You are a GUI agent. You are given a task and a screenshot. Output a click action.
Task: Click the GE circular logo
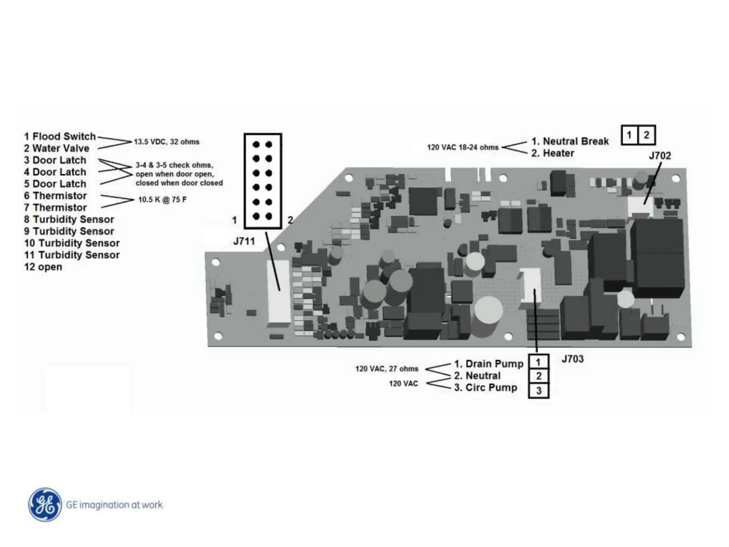[46, 504]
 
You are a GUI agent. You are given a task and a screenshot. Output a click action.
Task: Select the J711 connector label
[244, 242]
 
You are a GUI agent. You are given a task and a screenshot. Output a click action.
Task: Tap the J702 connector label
[660, 155]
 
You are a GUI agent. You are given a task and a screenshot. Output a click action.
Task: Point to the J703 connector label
[573, 359]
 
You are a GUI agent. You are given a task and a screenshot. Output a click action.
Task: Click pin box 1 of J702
[629, 135]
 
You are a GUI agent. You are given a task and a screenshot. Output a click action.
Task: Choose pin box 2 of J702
[646, 135]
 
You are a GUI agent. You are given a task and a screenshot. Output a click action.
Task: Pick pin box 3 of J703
[539, 390]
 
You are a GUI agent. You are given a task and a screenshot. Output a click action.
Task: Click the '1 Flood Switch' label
[60, 136]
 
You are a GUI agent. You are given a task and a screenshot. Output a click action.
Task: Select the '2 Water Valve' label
[57, 148]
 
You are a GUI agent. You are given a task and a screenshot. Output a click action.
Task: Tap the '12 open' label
[43, 267]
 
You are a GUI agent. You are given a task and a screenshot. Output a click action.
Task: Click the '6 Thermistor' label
[55, 196]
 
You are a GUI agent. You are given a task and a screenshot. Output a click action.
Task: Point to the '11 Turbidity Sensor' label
[72, 255]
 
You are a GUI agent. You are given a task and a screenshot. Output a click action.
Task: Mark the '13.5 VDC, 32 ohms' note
[167, 142]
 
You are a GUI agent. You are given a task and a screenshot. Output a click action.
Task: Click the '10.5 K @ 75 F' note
[162, 200]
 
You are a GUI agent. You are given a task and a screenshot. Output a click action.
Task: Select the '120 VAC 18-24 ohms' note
[463, 147]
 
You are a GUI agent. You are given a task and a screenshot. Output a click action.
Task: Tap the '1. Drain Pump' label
[489, 364]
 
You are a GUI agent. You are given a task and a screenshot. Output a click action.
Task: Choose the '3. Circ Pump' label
[485, 387]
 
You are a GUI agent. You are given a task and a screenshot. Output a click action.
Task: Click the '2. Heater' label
[553, 153]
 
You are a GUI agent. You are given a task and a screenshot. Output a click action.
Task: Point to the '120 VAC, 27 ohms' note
[387, 369]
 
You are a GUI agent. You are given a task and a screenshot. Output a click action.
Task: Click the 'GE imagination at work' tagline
[114, 505]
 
